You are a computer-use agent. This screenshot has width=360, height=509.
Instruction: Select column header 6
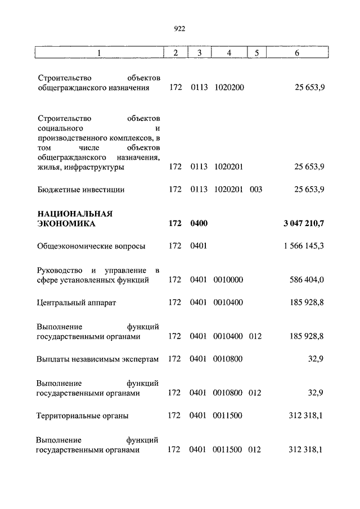tap(297, 53)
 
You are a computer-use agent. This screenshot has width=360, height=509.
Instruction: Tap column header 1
tap(99, 53)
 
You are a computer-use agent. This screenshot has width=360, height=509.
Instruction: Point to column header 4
tap(229, 53)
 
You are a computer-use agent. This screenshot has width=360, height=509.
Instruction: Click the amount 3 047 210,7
tap(304, 224)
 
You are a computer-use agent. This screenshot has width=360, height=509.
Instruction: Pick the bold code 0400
tap(199, 224)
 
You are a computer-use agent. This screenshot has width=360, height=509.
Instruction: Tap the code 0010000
tap(228, 280)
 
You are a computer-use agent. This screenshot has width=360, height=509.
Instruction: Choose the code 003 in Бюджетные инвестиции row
tap(256, 190)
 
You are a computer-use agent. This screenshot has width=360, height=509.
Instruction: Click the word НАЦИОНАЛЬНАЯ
tap(75, 214)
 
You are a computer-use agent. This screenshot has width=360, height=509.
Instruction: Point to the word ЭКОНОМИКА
tap(66, 224)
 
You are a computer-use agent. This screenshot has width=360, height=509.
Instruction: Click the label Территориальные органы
tap(82, 416)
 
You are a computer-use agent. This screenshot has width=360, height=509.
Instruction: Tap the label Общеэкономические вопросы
tap(91, 246)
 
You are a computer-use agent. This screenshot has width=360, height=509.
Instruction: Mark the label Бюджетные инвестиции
tap(81, 190)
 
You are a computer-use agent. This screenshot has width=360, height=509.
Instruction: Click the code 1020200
tap(229, 88)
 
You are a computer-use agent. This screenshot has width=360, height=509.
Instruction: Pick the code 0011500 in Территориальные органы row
tap(228, 416)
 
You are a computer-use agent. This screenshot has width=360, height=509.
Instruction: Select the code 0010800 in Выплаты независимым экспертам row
tap(228, 359)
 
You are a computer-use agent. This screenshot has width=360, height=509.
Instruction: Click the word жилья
tap(49, 167)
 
